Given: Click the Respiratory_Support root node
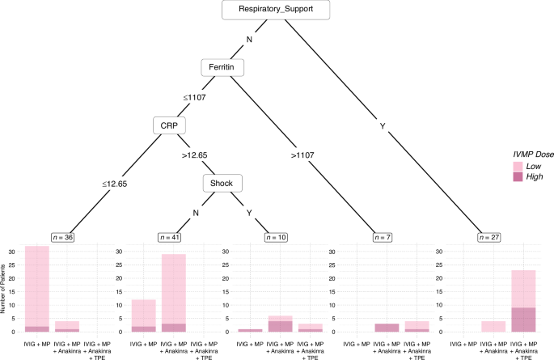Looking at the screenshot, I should click(x=277, y=11).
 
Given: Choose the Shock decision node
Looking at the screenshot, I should click(x=221, y=183).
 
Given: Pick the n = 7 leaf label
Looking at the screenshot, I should click(x=383, y=237).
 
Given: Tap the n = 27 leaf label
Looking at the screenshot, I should click(x=490, y=237).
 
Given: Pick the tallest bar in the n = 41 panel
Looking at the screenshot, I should click(x=174, y=293).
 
